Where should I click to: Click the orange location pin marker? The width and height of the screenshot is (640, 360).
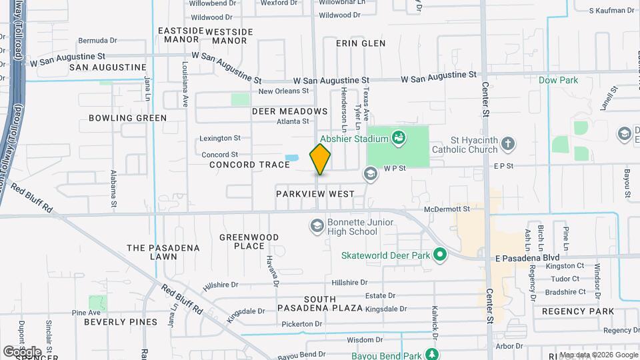320,159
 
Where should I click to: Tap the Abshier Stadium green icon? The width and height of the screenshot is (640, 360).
399,139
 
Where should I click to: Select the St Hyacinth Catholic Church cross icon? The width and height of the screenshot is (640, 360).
508,143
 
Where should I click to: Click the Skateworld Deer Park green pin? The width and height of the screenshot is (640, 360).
439,255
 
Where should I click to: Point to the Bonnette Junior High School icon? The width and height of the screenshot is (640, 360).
317,227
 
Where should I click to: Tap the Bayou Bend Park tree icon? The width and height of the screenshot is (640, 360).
433,353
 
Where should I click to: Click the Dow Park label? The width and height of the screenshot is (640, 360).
558,80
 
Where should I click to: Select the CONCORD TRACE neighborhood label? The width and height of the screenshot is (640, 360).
249,165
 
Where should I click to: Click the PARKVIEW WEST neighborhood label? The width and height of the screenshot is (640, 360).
315,193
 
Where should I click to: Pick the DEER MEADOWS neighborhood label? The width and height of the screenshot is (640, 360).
289,111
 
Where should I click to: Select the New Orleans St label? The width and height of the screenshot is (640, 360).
284,91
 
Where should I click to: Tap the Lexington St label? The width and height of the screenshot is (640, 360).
220,138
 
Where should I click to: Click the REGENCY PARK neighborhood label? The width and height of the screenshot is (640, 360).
577,311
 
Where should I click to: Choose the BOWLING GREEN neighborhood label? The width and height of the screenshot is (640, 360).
127,118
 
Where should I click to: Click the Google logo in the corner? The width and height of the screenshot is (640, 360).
22,351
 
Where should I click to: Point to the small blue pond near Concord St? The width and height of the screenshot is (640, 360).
291,159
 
